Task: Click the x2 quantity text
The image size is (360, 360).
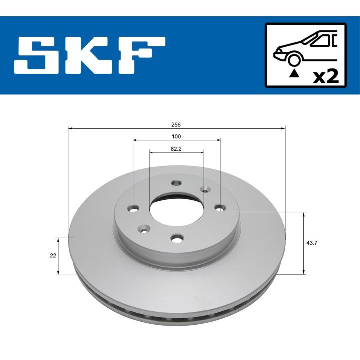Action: [325, 76]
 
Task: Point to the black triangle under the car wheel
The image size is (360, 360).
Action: [294, 74]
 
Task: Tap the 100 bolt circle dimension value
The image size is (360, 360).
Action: [176, 136]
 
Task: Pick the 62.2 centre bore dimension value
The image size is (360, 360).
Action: [176, 148]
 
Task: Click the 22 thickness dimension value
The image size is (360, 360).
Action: [53, 255]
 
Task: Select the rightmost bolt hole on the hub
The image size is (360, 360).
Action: [220, 207]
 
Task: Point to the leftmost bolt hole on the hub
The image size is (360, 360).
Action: [133, 208]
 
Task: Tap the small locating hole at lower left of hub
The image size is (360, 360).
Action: [144, 230]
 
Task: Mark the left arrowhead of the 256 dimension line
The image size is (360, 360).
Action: [70, 129]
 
